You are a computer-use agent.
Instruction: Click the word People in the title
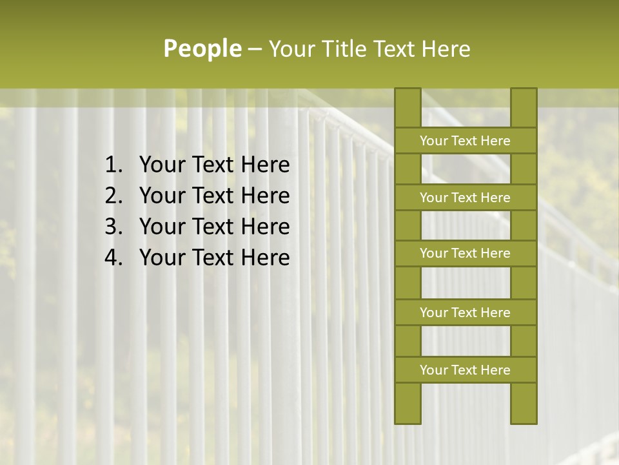(202, 48)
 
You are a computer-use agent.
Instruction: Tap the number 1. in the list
(114, 165)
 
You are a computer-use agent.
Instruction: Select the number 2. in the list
(114, 196)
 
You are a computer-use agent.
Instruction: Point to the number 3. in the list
(114, 227)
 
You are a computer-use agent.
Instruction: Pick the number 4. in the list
(114, 258)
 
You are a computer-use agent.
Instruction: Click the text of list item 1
(215, 165)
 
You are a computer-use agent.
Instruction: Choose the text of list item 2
(215, 196)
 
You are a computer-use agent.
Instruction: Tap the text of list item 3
(215, 227)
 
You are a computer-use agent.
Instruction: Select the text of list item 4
(215, 258)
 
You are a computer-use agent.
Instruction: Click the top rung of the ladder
(465, 141)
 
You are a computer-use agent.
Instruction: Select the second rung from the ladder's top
(465, 198)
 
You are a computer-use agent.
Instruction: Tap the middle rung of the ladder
(465, 254)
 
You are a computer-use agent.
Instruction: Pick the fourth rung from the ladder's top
(465, 313)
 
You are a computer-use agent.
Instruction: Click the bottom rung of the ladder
(465, 370)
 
